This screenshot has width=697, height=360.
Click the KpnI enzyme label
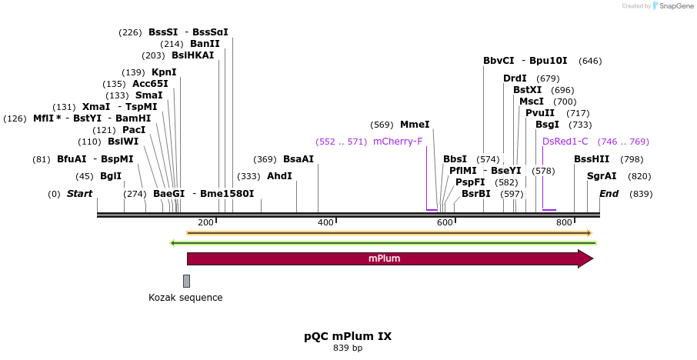pyautogui.click(x=164, y=72)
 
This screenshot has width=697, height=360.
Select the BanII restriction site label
pyautogui.click(x=205, y=44)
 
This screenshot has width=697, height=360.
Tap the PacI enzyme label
pyautogui.click(x=134, y=130)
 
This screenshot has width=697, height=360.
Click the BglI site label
pyautogui.click(x=111, y=176)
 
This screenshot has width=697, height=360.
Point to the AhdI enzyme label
pyautogui.click(x=279, y=176)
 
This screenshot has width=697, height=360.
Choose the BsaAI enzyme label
pyautogui.click(x=298, y=159)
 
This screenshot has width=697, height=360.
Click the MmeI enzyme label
pyautogui.click(x=415, y=125)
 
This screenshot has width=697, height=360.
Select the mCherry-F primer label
pyautogui.click(x=398, y=142)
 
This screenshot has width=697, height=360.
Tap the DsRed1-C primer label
pyautogui.click(x=565, y=142)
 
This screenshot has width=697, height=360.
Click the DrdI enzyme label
pyautogui.click(x=515, y=78)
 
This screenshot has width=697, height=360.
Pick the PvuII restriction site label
pyautogui.click(x=540, y=113)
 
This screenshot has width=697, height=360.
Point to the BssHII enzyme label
pyautogui.click(x=592, y=159)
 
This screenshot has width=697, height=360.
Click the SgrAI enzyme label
pyautogui.click(x=602, y=176)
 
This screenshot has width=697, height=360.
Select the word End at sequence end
pyautogui.click(x=609, y=194)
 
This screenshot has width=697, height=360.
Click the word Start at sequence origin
pyautogui.click(x=79, y=194)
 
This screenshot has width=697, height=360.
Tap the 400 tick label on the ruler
pyautogui.click(x=325, y=222)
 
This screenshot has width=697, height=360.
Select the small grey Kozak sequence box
pyautogui.click(x=186, y=281)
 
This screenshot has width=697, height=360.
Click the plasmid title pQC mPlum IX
pyautogui.click(x=348, y=336)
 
